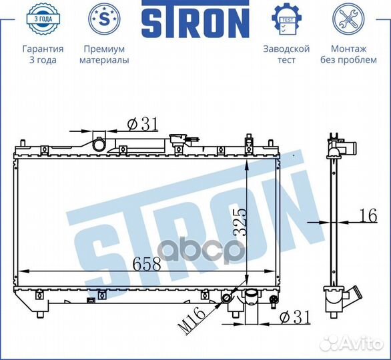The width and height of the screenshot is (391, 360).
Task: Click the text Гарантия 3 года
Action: (43, 55)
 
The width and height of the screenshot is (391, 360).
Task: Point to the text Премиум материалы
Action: (104, 55)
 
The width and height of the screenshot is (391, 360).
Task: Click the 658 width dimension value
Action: (147, 263)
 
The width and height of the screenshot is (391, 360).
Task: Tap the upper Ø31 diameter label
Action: (141, 123)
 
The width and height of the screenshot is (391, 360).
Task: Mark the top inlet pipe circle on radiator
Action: (99, 144)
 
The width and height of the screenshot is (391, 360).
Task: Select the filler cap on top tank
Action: (178, 141)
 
